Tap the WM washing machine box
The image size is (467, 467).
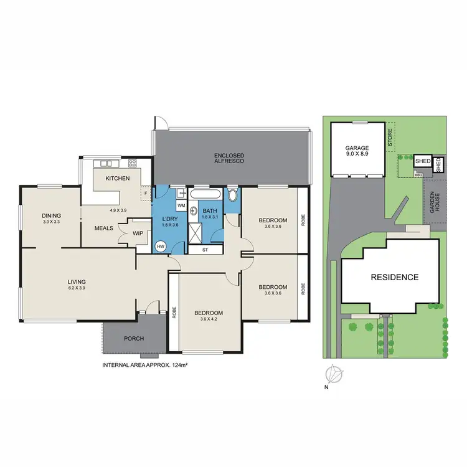(x=181, y=205)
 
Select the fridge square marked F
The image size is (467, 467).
(x=145, y=193)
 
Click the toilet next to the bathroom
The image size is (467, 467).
(x=233, y=197)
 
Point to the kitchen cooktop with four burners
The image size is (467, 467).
(x=133, y=163)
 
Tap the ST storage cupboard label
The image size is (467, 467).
(x=206, y=250)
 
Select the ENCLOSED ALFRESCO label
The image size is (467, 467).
(x=229, y=158)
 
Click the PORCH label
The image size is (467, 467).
(x=134, y=339)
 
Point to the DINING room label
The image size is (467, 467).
(x=51, y=215)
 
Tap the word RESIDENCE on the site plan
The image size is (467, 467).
(x=395, y=278)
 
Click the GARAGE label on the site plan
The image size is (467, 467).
(x=357, y=148)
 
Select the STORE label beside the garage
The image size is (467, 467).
(x=390, y=138)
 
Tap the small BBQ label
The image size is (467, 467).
(x=418, y=175)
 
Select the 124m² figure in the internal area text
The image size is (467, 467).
(x=179, y=364)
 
